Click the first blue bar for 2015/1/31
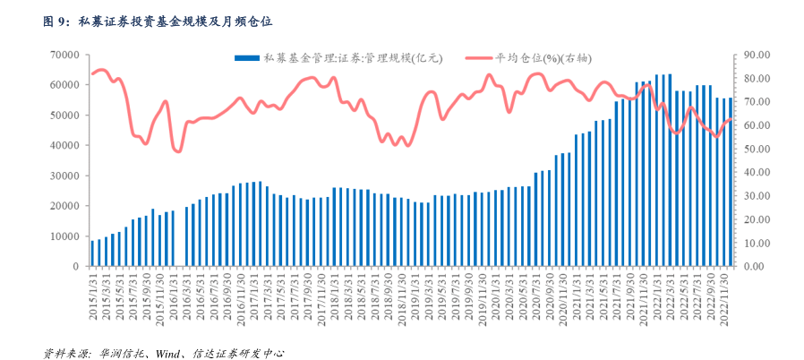(x=92, y=253)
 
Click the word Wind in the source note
(x=169, y=353)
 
